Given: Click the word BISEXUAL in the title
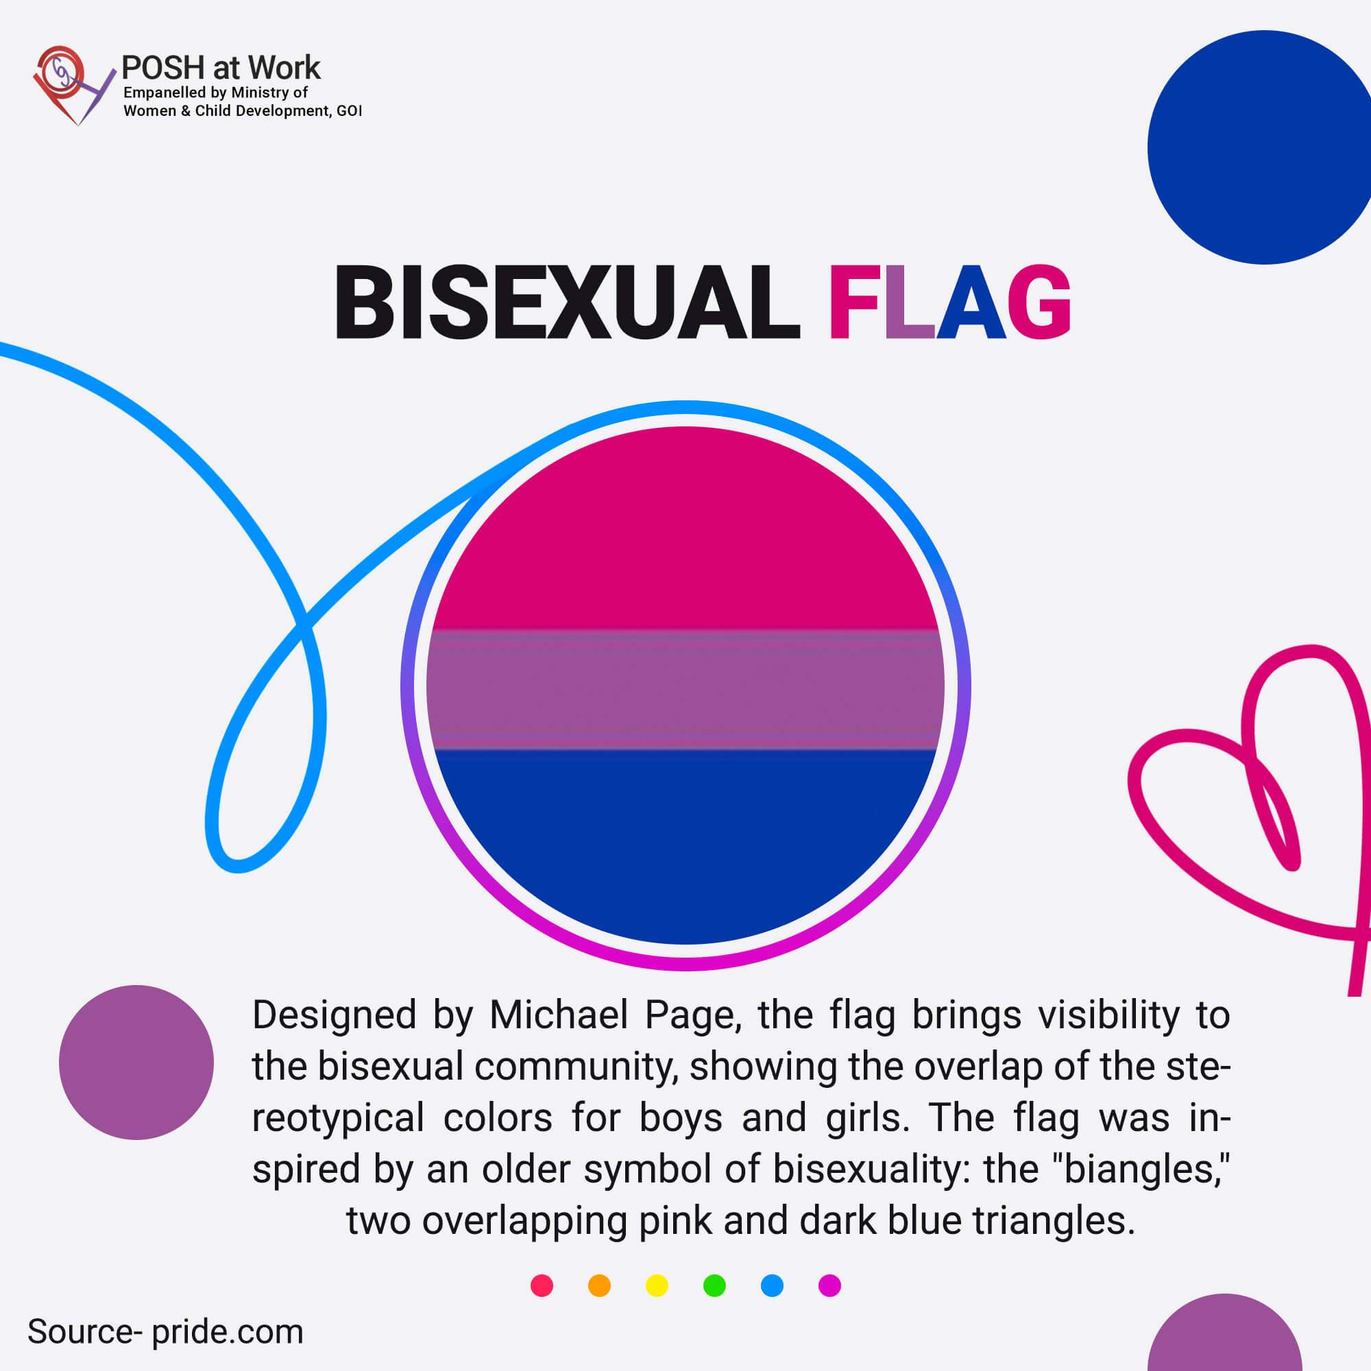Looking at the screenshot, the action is pyautogui.click(x=568, y=303).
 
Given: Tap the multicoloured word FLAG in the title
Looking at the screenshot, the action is pyautogui.click(x=949, y=303).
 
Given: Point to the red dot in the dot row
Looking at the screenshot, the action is pyautogui.click(x=542, y=1286).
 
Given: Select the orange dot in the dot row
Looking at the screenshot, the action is pyautogui.click(x=600, y=1286).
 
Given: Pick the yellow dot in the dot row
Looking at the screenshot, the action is pyautogui.click(x=657, y=1286).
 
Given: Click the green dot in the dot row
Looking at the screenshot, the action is pyautogui.click(x=714, y=1286).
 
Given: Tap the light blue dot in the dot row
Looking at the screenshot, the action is pyautogui.click(x=772, y=1286).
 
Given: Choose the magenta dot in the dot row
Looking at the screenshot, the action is pyautogui.click(x=829, y=1286).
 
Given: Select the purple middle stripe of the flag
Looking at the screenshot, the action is pyautogui.click(x=685, y=689).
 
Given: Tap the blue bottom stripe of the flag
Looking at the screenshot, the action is pyautogui.click(x=685, y=838).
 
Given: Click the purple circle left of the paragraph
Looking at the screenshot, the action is pyautogui.click(x=136, y=1063).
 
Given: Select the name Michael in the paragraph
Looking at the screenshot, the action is pyautogui.click(x=559, y=1015).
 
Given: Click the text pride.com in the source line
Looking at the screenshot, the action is pyautogui.click(x=227, y=1332).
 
